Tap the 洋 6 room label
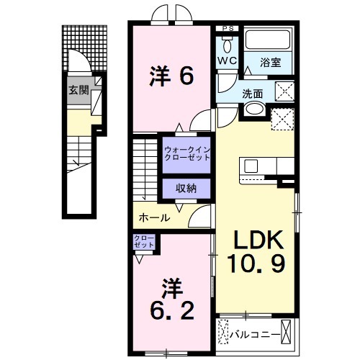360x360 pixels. point(171,76)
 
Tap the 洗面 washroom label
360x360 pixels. point(252,93)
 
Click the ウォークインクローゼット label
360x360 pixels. point(185,153)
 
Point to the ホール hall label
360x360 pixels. point(155,217)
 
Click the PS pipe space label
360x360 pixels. point(228,28)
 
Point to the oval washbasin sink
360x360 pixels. point(253,109)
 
